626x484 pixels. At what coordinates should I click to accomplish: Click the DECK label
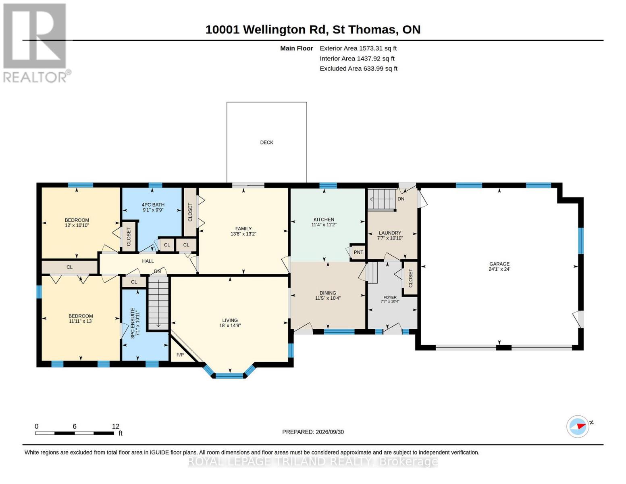tap(266, 142)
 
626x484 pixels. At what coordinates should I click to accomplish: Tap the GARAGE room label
tap(499, 264)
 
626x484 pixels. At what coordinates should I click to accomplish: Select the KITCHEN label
tap(324, 219)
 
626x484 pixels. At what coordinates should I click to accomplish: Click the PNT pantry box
tap(358, 252)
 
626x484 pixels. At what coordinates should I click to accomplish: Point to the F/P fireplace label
tap(180, 355)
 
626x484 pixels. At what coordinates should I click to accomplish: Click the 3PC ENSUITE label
tap(133, 323)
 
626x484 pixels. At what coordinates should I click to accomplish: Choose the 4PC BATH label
tap(153, 204)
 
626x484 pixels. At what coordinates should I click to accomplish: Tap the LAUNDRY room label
tap(390, 233)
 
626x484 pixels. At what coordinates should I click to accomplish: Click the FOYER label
tap(390, 297)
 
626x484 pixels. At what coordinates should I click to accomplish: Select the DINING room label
tap(328, 292)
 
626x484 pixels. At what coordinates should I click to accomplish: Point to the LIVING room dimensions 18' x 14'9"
tap(230, 325)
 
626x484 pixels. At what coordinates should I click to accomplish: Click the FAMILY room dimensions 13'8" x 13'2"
tap(243, 234)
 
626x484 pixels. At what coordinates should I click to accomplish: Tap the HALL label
tap(148, 261)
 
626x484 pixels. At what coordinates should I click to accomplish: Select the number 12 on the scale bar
tap(116, 426)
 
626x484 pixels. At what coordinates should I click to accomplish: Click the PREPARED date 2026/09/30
tap(330, 432)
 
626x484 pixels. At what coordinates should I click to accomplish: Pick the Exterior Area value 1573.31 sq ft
tap(378, 48)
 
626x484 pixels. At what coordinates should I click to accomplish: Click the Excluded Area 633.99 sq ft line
tap(358, 69)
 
